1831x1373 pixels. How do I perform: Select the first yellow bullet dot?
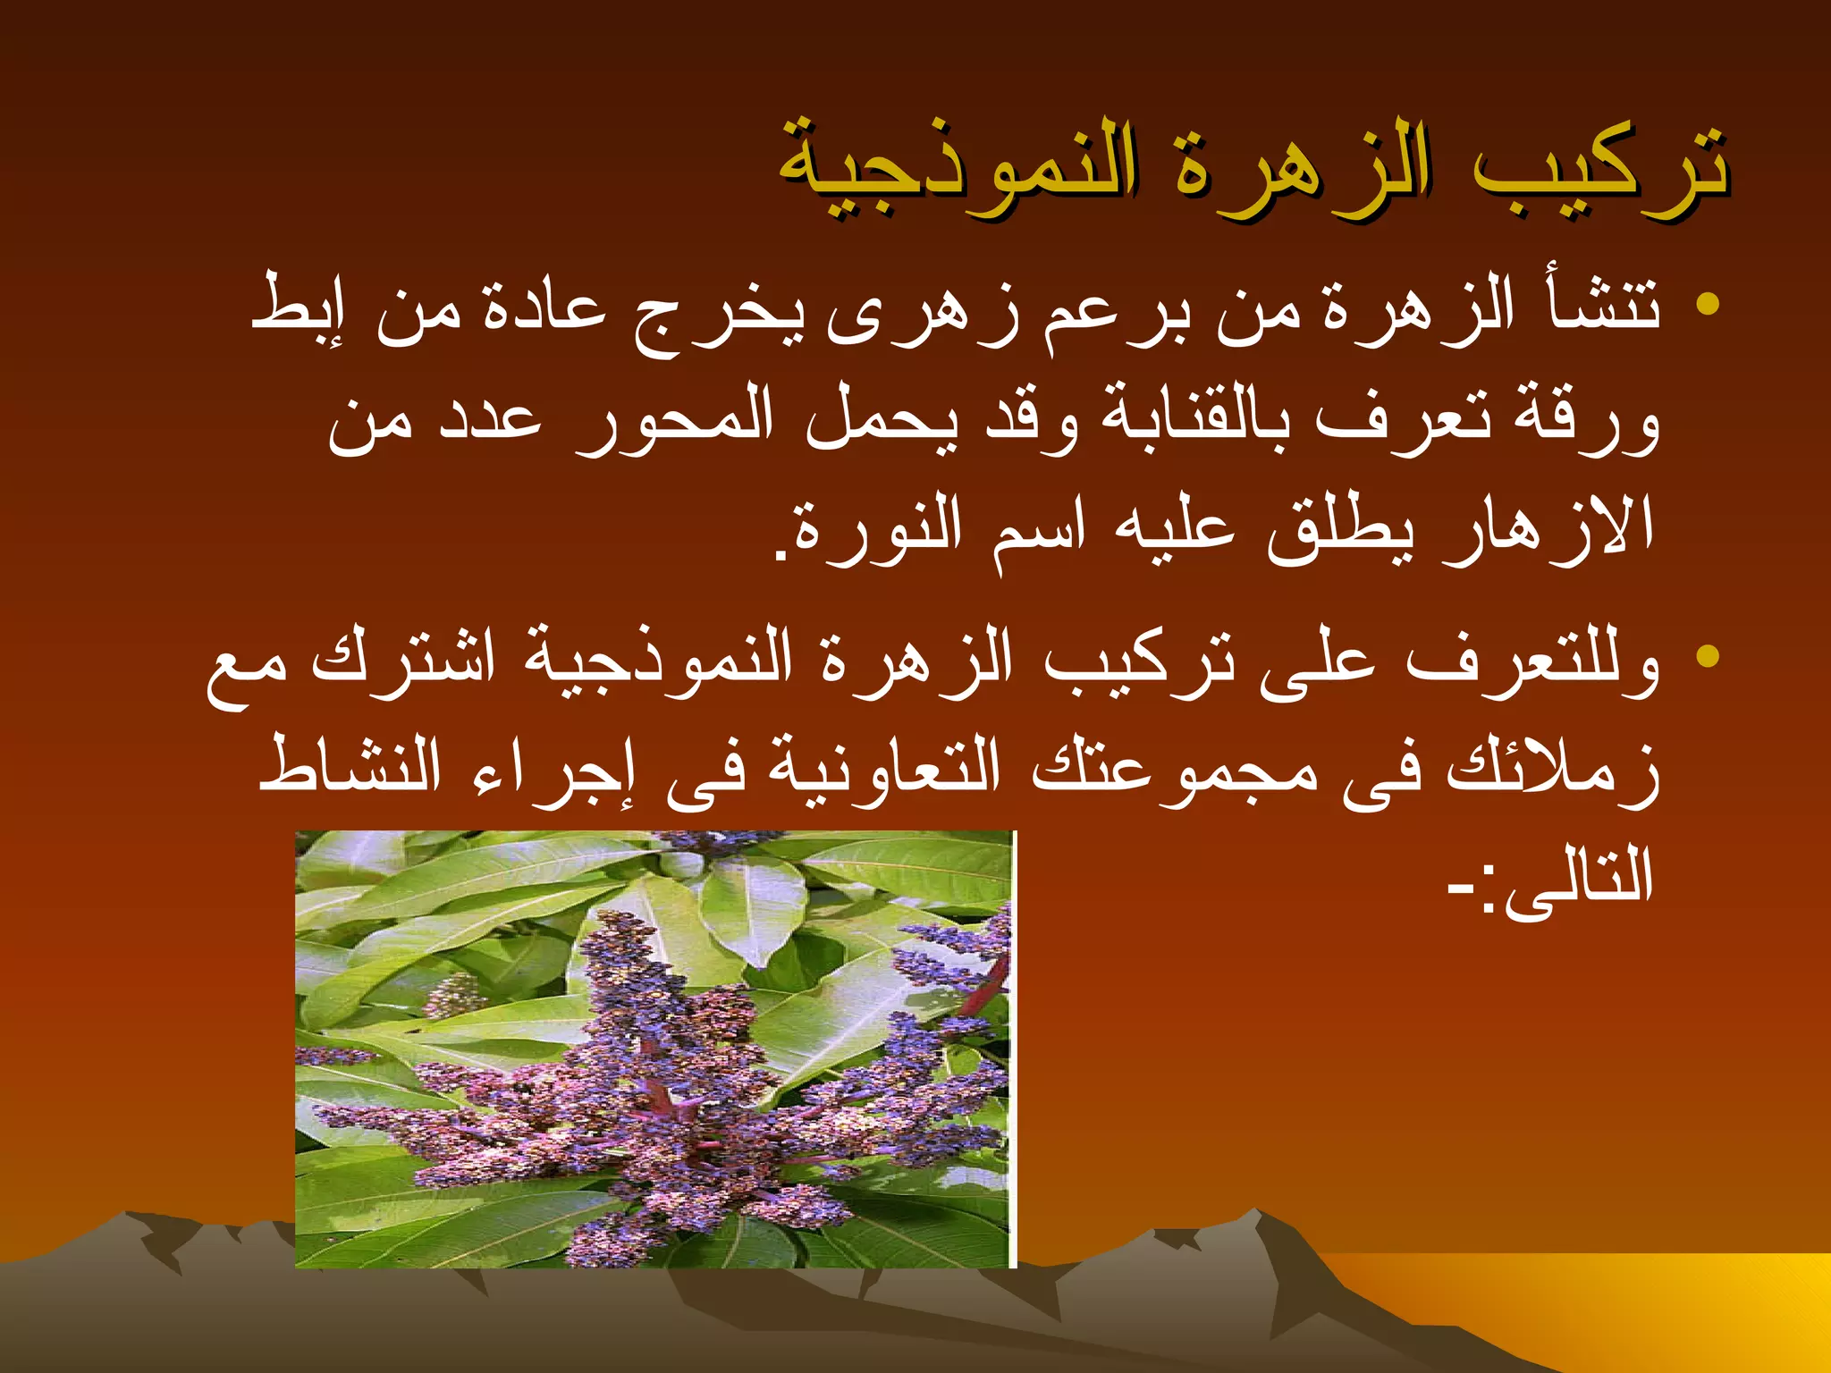tap(1708, 304)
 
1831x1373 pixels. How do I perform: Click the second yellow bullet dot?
tap(1708, 656)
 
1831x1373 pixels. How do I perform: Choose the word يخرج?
tap(720, 313)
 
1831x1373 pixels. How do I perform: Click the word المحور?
tap(675, 420)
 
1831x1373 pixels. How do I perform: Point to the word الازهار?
tap(1551, 527)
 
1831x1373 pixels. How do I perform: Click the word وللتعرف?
tap(1533, 661)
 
